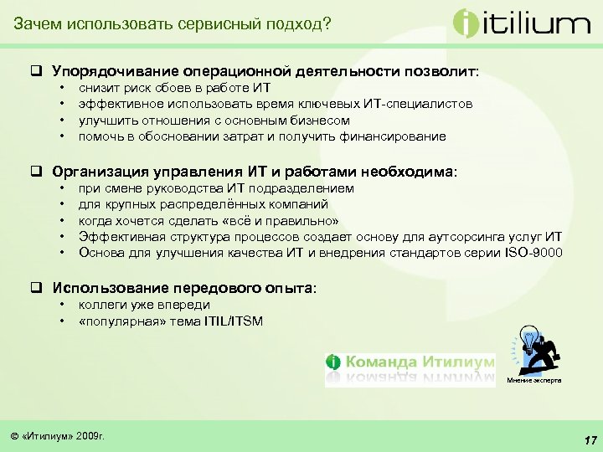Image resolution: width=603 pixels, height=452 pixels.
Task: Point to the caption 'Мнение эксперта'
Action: (534, 380)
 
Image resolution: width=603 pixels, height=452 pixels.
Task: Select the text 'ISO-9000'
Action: (535, 252)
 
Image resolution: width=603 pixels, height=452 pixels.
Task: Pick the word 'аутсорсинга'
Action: (465, 236)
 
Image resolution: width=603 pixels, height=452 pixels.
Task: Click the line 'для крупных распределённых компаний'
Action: (204, 204)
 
